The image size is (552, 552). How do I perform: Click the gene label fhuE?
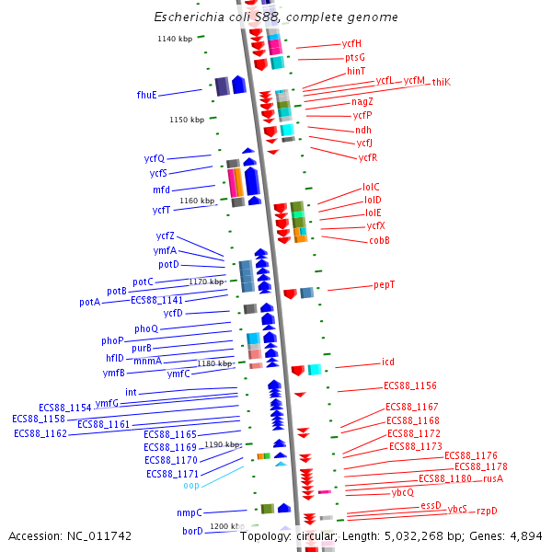(x=146, y=95)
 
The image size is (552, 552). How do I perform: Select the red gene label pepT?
(x=384, y=285)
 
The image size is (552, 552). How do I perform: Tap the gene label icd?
(x=387, y=362)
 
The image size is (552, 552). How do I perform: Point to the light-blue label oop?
(x=190, y=485)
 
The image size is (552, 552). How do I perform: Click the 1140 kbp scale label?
(x=175, y=39)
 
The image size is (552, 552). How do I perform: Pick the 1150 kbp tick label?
(x=187, y=120)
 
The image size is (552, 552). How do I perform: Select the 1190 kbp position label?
(x=222, y=444)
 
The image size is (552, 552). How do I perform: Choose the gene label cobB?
(x=379, y=240)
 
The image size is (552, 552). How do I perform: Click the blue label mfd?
(x=161, y=190)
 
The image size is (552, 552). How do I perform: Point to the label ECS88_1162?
(x=40, y=433)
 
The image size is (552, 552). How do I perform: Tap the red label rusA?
(x=493, y=478)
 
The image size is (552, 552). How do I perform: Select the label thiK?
(x=442, y=82)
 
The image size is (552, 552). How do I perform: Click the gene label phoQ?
(x=146, y=328)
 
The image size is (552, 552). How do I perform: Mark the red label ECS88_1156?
(x=410, y=386)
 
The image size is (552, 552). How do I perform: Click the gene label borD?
(x=192, y=531)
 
